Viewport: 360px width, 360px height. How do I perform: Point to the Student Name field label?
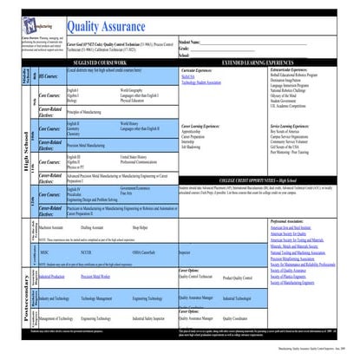coord(194,40)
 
